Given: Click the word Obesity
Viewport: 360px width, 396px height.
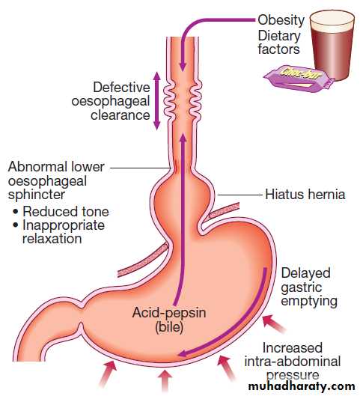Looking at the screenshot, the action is pyautogui.click(x=281, y=19).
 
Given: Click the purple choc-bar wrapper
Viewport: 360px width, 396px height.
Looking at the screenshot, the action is pyautogui.click(x=299, y=78).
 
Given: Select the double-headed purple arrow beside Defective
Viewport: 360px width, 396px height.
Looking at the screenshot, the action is pyautogui.click(x=157, y=101).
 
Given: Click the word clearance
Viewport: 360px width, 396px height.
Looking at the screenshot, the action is pyautogui.click(x=120, y=115).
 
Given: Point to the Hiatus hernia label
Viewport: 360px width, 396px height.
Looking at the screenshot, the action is pyautogui.click(x=305, y=195).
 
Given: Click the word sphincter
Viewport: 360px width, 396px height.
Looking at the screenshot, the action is pyautogui.click(x=37, y=195).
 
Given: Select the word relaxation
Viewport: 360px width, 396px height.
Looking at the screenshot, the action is pyautogui.click(x=52, y=238).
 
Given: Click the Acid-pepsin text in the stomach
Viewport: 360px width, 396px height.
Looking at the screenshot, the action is pyautogui.click(x=169, y=312).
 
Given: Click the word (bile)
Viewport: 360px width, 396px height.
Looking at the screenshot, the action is pyautogui.click(x=169, y=327).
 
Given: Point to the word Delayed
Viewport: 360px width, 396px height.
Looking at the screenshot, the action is pyautogui.click(x=305, y=273).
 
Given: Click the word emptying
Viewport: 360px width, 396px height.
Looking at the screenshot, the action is pyautogui.click(x=309, y=301).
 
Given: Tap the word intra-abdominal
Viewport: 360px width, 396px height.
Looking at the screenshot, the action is pyautogui.click(x=293, y=361).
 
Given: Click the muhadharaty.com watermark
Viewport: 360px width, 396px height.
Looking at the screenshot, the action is pyautogui.click(x=302, y=386).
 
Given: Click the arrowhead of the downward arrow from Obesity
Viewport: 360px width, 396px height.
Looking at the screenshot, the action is pyautogui.click(x=183, y=67).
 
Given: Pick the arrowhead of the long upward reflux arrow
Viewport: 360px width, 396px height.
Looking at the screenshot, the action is pyautogui.click(x=183, y=138).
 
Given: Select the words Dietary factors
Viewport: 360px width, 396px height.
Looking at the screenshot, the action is pyautogui.click(x=279, y=43).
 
